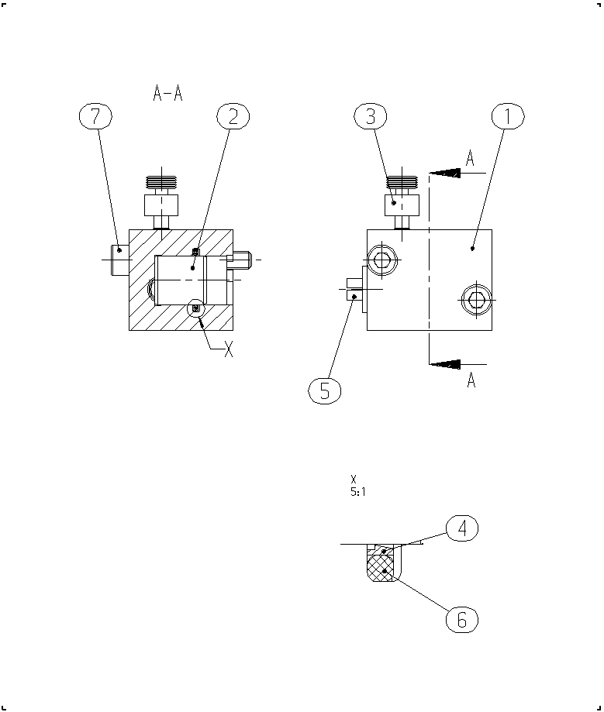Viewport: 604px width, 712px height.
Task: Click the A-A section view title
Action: [167, 93]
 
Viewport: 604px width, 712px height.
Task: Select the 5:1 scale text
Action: [358, 492]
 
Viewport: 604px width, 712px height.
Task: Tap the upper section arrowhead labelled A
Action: [445, 173]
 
